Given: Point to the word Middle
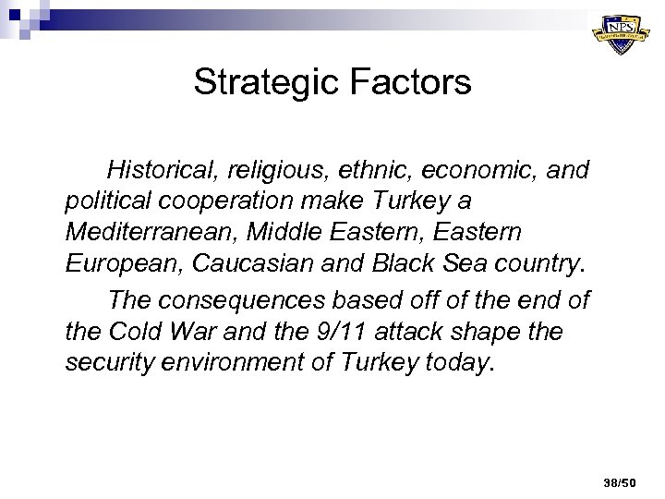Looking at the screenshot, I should (281, 231).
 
